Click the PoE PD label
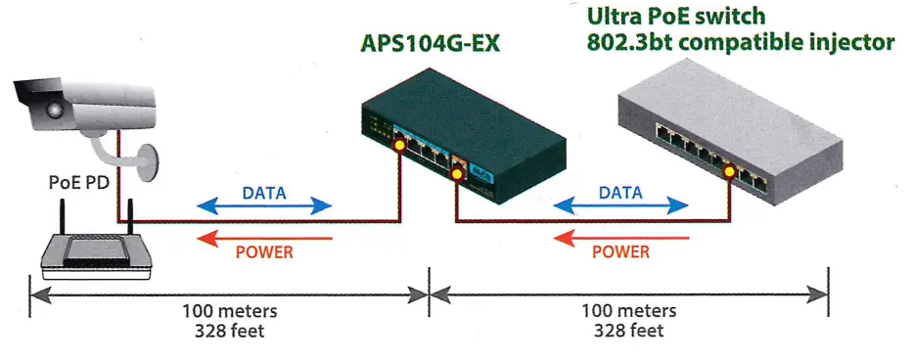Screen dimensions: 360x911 point(73,181)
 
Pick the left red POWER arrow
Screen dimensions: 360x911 point(264,238)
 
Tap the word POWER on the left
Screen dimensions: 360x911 point(264,252)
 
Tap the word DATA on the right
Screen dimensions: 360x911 point(619,193)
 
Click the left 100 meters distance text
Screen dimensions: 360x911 point(230,311)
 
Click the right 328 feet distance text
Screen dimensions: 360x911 point(628,330)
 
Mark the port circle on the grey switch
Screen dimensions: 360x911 point(729,173)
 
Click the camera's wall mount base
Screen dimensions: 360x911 point(146,161)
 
